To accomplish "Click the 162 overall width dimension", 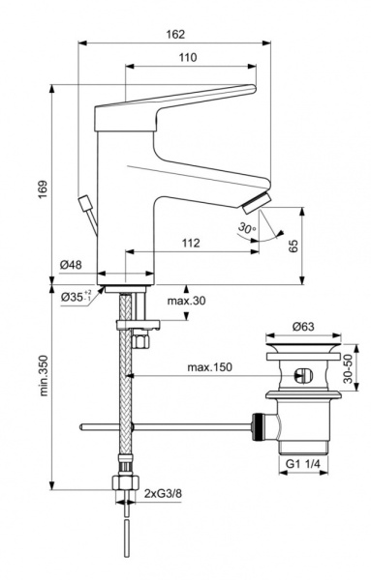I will [x=176, y=34].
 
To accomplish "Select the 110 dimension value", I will [x=188, y=58].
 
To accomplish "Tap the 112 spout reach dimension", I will [x=189, y=244].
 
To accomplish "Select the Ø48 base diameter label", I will [x=69, y=265].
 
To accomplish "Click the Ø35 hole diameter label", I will [x=75, y=297].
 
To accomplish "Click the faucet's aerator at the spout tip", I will [x=255, y=201].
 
